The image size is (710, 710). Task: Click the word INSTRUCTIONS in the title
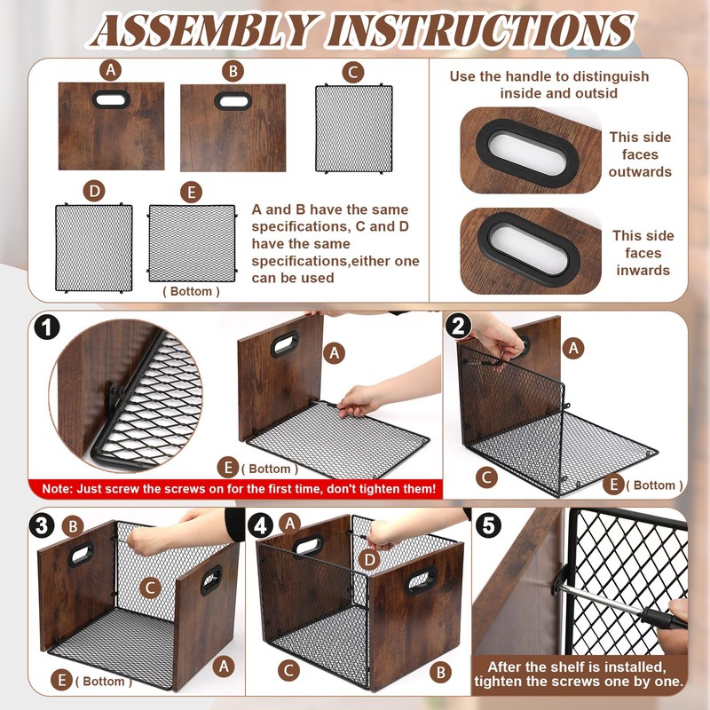pos(481,30)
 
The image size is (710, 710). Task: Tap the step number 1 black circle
pos(47,327)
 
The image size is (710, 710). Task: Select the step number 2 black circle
pos(458,327)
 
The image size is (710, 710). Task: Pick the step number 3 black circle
pos(42,526)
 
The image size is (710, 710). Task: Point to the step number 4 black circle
pos(260,526)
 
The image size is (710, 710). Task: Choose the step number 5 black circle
pos(489,525)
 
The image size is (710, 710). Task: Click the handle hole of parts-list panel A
pos(112,99)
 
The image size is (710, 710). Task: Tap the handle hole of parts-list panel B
pos(233,101)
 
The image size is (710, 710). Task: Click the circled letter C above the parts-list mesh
pos(353,73)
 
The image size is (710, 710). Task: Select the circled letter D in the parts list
pos(94,192)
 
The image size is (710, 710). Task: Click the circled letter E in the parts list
pos(191,193)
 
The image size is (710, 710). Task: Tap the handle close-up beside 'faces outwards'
pos(531,150)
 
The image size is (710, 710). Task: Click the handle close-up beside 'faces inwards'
pos(531,251)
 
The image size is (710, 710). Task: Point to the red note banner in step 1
pos(235,489)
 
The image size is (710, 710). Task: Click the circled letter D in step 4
pos(369,561)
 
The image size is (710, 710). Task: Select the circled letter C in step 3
pos(150,588)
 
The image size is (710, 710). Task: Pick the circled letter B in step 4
pos(440,673)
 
